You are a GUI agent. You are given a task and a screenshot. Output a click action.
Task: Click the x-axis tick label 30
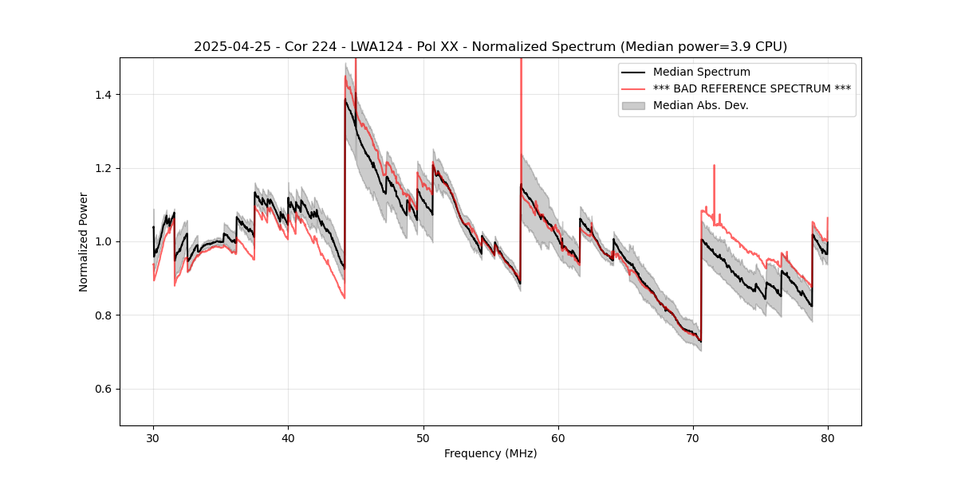click(x=153, y=437)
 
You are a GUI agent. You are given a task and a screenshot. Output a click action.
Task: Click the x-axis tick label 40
click(x=288, y=437)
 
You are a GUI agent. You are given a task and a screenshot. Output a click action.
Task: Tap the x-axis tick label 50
click(x=423, y=437)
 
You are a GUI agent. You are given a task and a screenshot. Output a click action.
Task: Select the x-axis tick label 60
click(x=558, y=437)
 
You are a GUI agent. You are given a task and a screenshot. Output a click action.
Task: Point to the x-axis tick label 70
click(x=693, y=437)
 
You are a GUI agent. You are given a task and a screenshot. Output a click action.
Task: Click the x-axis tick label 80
click(x=828, y=437)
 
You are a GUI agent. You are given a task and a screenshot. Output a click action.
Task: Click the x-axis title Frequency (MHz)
click(x=490, y=453)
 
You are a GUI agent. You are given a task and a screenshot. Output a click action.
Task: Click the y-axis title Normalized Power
click(x=84, y=241)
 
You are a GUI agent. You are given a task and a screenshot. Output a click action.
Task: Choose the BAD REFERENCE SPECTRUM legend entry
click(x=751, y=88)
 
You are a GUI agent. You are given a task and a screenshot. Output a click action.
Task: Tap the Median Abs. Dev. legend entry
click(x=700, y=105)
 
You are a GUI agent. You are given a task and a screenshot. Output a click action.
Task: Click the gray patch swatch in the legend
click(x=634, y=105)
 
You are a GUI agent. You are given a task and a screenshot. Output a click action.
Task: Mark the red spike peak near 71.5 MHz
click(x=714, y=166)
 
